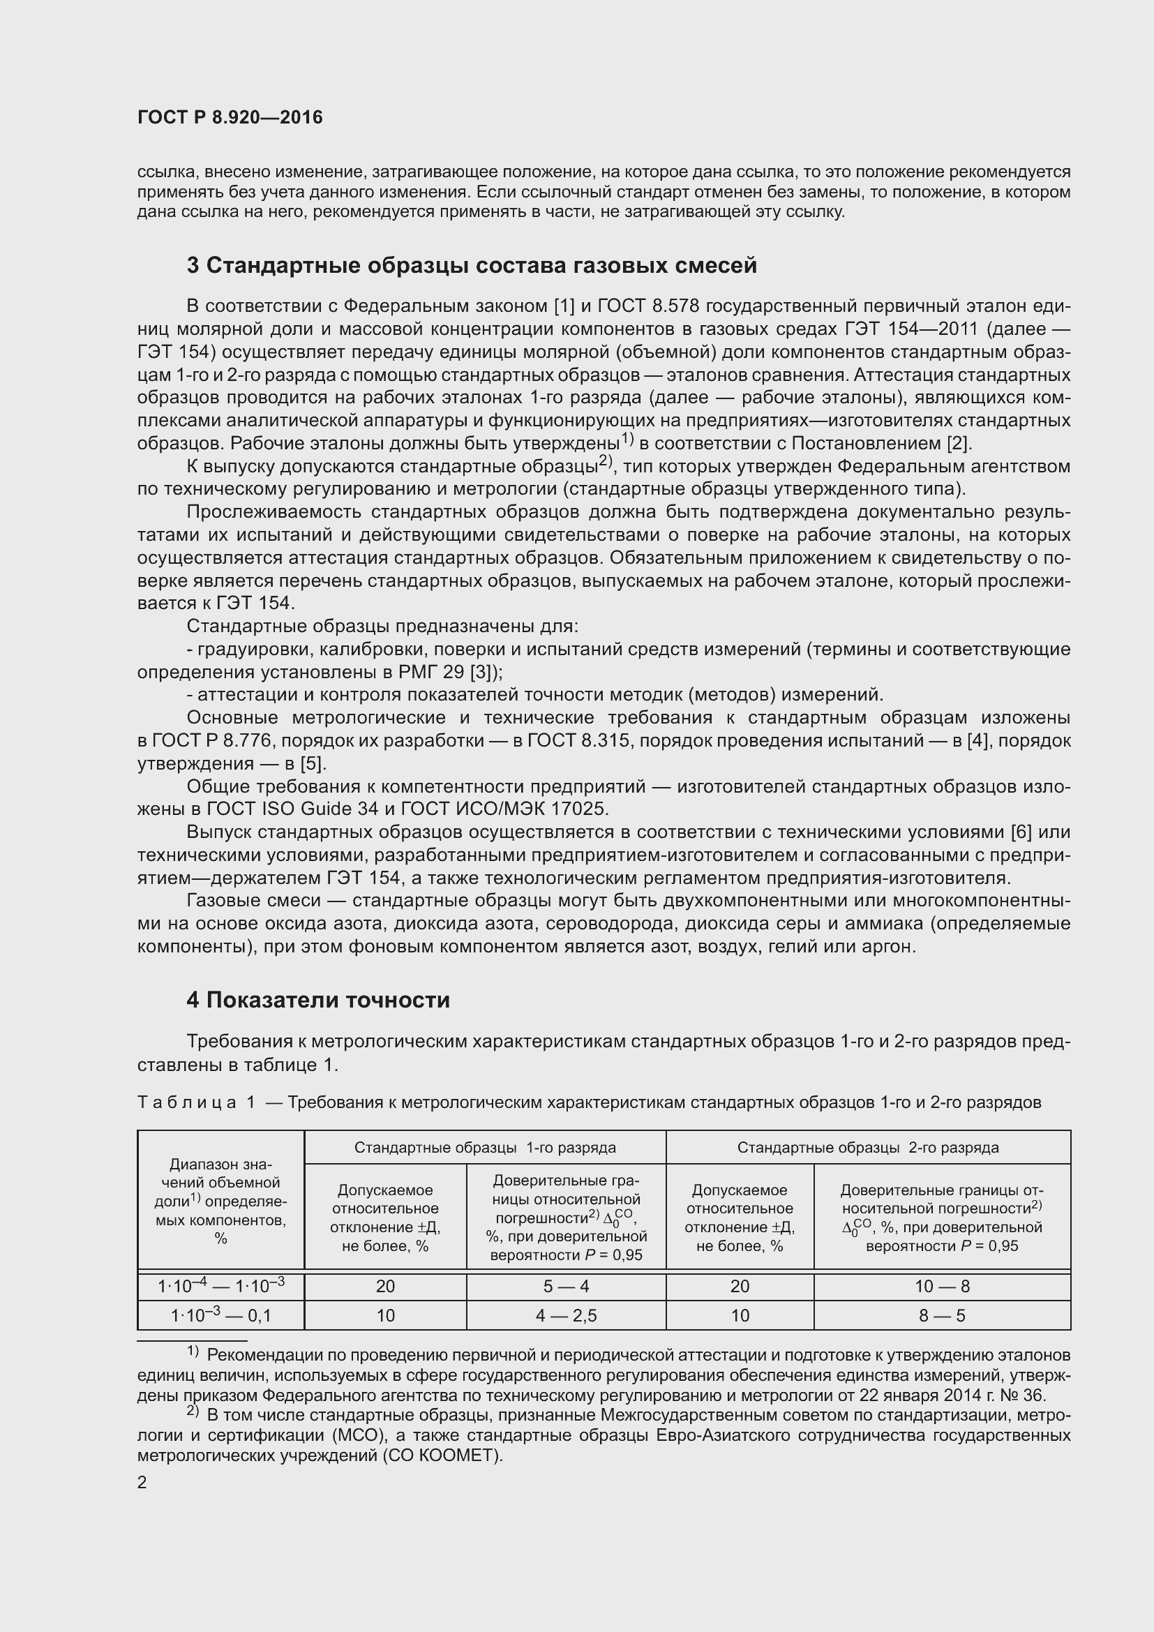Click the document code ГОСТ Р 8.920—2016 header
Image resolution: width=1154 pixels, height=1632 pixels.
coord(230,117)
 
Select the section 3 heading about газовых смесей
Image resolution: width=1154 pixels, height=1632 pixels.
coord(471,265)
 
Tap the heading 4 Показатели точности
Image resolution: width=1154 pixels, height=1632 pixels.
coord(317,1000)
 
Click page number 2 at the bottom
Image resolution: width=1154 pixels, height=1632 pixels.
coord(142,1483)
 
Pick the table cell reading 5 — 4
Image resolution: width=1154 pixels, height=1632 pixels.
coord(566,1286)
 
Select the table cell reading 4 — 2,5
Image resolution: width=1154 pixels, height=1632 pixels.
coord(566,1316)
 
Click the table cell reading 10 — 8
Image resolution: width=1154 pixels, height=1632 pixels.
coord(942,1286)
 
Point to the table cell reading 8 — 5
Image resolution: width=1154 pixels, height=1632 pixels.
coord(942,1316)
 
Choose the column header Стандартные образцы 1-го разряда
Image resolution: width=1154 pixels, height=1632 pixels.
coord(485,1147)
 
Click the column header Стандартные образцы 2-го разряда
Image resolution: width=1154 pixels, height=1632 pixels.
coord(868,1147)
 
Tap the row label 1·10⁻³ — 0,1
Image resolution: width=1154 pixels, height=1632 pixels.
coord(221,1316)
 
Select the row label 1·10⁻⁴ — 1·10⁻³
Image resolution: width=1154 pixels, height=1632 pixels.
coord(221,1286)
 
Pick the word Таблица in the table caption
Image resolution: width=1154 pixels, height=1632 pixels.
coord(187,1102)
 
